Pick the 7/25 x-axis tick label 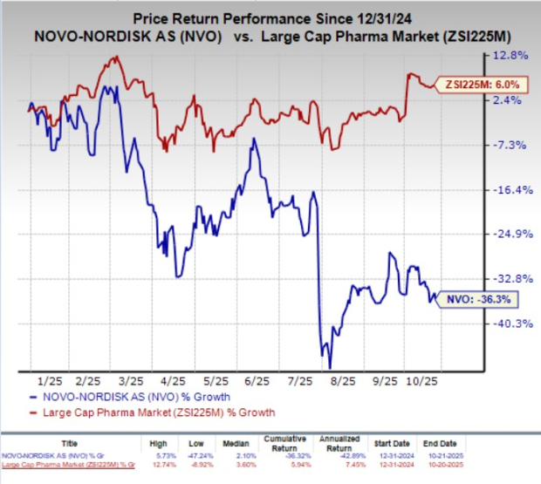click(301, 381)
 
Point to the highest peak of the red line click(114, 58)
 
